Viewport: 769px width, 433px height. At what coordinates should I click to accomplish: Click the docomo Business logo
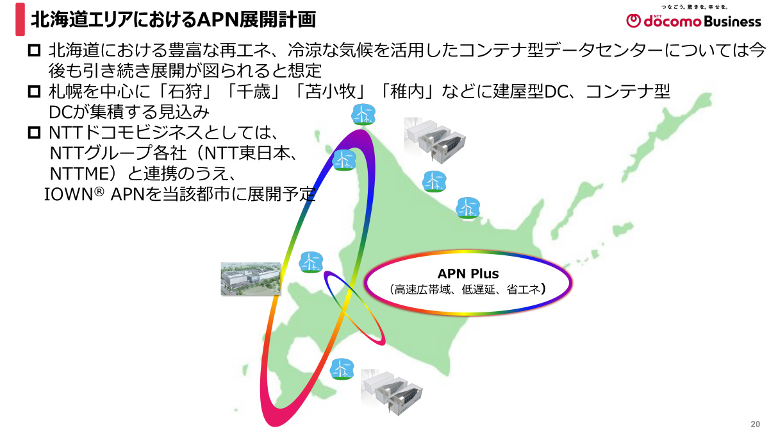(x=694, y=20)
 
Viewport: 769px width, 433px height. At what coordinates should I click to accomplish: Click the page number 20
(x=755, y=425)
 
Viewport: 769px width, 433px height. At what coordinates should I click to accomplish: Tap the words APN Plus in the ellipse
(x=468, y=274)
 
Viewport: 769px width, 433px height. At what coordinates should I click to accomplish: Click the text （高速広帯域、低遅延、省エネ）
(x=468, y=290)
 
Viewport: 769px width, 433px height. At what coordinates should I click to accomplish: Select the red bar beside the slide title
(x=21, y=19)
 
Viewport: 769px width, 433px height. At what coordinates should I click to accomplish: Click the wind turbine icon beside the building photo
(x=310, y=262)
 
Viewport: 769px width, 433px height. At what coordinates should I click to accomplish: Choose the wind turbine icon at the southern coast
(x=342, y=369)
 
